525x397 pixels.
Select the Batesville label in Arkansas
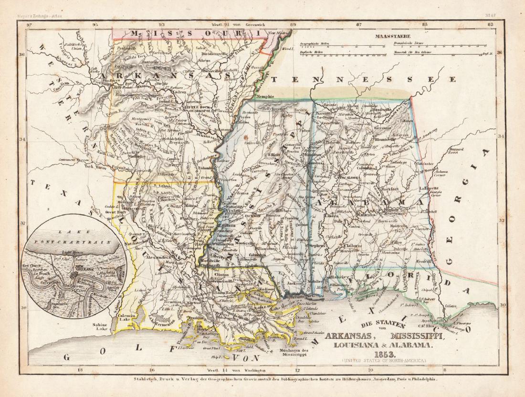tap(210, 71)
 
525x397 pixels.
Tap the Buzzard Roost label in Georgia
tap(457, 152)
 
